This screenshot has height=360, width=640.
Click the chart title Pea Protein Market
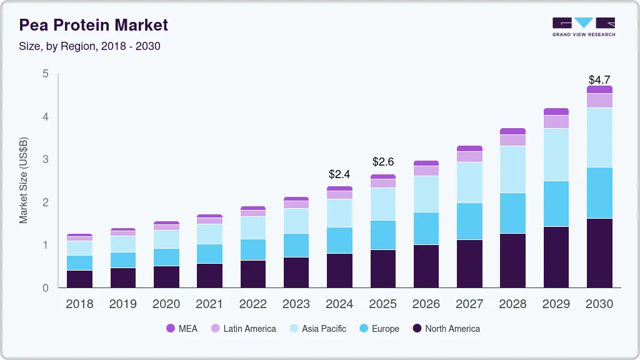(93, 25)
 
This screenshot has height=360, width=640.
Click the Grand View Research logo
(583, 27)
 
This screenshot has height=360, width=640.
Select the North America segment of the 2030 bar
(600, 253)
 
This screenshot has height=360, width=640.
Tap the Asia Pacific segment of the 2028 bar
(512, 169)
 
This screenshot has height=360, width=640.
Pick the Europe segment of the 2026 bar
(426, 228)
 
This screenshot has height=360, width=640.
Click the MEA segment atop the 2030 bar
(600, 89)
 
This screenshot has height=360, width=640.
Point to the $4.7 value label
(600, 80)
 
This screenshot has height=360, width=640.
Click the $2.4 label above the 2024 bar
(339, 174)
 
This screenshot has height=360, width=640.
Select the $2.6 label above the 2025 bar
(382, 162)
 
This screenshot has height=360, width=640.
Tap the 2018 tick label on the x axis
(79, 304)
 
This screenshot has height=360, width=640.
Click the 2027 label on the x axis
(469, 304)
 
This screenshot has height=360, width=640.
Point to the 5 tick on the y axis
(45, 74)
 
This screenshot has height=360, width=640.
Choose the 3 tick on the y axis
(45, 159)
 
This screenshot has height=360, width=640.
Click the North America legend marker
(416, 329)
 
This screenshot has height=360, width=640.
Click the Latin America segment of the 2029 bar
(556, 121)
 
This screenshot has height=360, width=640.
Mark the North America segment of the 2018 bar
(79, 279)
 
